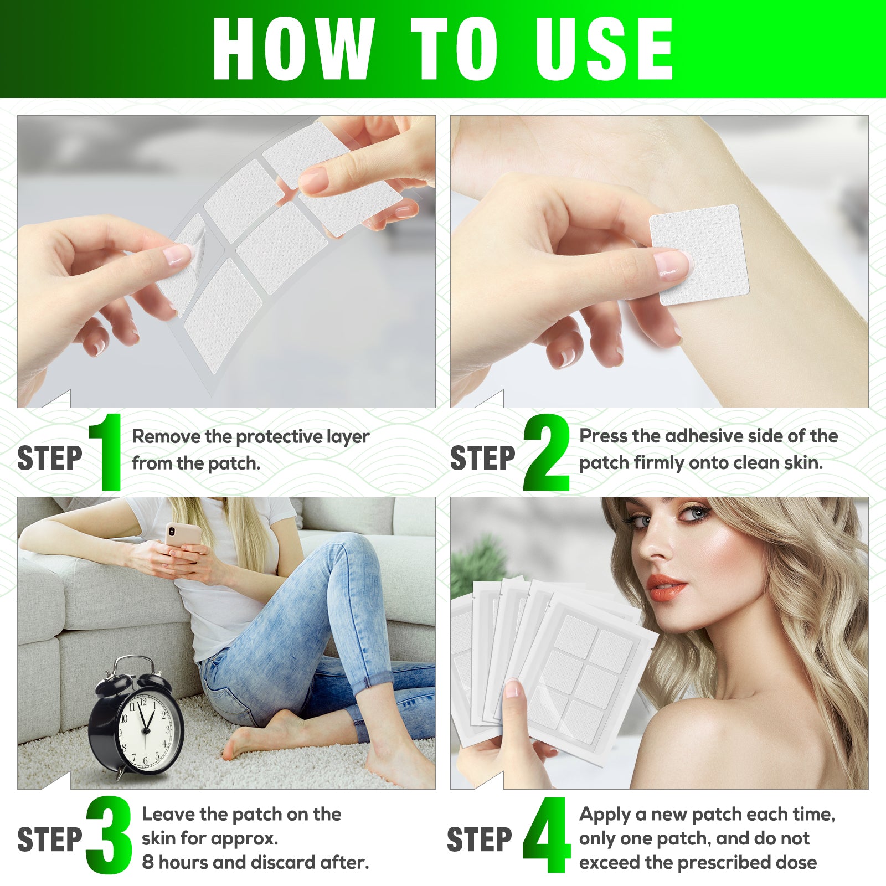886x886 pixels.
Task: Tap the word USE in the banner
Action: coord(604,49)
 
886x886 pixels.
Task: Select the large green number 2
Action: coord(547,453)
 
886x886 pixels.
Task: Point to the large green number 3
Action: coord(109,835)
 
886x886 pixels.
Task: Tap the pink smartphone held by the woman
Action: coord(182,535)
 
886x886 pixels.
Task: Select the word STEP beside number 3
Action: coord(50,840)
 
